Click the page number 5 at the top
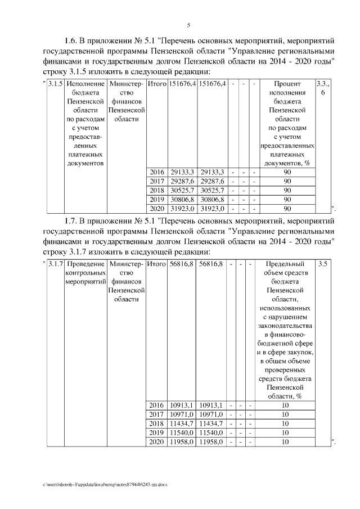188,24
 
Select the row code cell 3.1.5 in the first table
55,84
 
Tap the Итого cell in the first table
157,84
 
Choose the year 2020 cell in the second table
156,443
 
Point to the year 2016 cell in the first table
156,172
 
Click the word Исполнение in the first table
85,84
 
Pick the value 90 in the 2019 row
287,199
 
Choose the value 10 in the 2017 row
285,415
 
